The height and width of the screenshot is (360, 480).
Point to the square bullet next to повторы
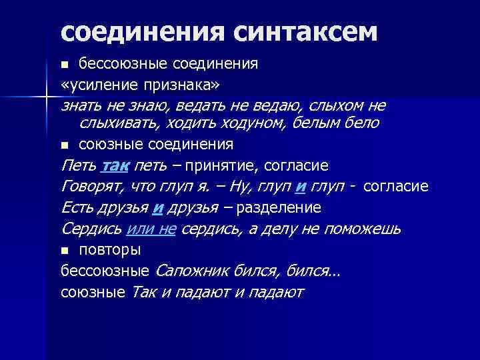pos(65,251)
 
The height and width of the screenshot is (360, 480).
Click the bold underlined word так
pos(117,165)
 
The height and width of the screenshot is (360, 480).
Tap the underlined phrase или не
pos(151,229)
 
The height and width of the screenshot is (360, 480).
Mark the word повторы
pos(109,250)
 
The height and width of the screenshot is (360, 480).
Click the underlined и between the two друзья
pos(158,207)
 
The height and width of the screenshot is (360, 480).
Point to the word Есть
pos(77,207)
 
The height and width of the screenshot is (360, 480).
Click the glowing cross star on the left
pos(47,97)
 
